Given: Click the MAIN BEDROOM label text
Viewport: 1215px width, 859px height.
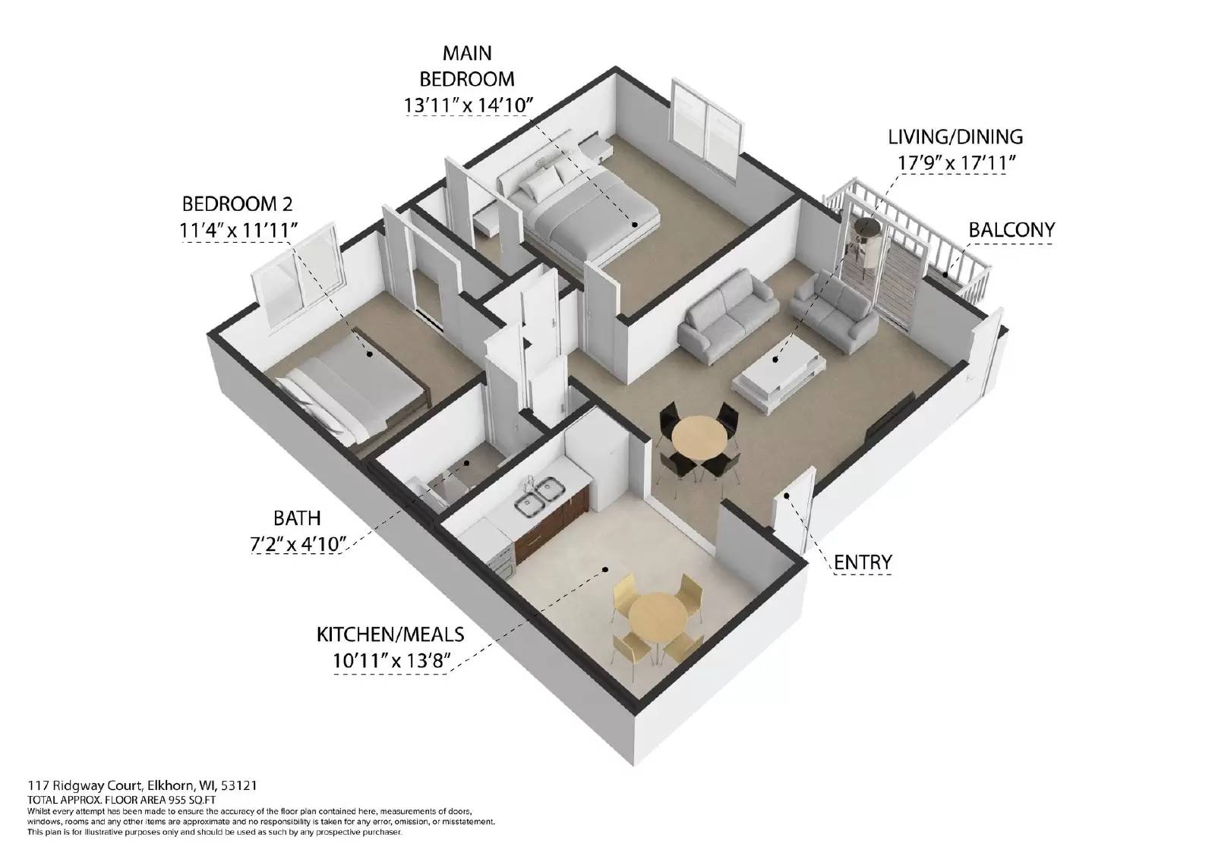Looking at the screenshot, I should click(x=466, y=65).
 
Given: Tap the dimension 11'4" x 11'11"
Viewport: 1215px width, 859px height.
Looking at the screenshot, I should click(x=238, y=229).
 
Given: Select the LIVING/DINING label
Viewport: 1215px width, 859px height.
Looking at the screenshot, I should click(x=955, y=137).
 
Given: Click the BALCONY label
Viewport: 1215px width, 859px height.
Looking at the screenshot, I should click(x=1011, y=229).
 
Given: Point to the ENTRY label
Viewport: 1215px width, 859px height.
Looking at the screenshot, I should click(x=862, y=562).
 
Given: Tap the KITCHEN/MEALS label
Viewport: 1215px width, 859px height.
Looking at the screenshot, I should click(x=390, y=634).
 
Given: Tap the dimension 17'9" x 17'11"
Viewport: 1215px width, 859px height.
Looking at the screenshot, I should click(x=955, y=162).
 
